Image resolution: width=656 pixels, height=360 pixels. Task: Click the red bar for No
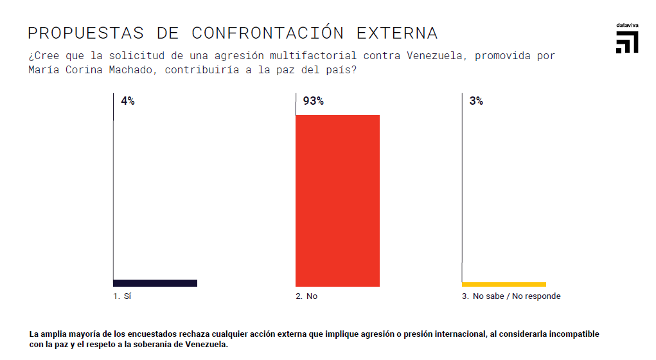click(x=337, y=201)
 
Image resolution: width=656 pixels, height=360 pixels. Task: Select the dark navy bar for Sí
click(x=155, y=283)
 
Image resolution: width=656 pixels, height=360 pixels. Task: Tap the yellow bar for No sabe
click(x=504, y=283)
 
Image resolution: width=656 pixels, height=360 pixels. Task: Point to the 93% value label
click(x=313, y=101)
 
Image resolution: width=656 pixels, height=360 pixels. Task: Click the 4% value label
click(x=127, y=101)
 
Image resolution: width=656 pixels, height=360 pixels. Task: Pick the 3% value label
click(x=476, y=101)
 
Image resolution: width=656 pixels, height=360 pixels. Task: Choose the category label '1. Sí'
click(x=122, y=296)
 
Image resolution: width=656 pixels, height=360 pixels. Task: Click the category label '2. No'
click(x=306, y=296)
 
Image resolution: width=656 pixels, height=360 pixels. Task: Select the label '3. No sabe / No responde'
click(x=511, y=296)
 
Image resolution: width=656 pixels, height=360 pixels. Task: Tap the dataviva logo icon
click(x=626, y=42)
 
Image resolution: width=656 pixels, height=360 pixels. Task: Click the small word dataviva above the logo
click(x=626, y=25)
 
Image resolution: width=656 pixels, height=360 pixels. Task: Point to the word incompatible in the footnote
click(x=573, y=334)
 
